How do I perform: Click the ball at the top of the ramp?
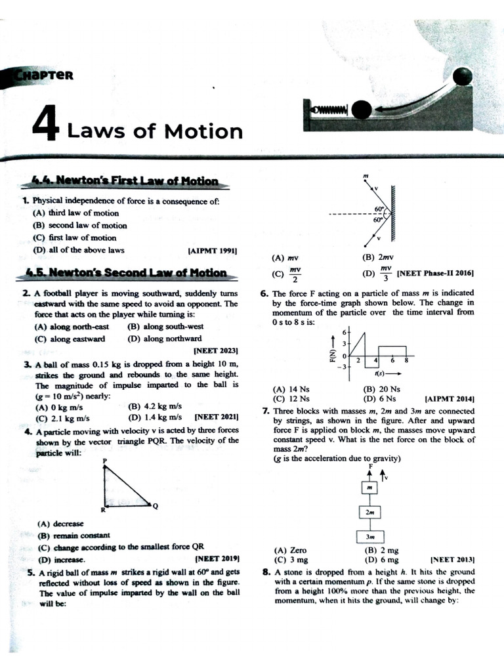coord(463,76)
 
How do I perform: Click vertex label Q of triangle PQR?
coord(155,506)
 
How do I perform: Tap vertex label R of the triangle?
coord(102,510)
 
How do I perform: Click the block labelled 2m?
coord(370,511)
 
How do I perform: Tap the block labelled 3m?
coord(370,536)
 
